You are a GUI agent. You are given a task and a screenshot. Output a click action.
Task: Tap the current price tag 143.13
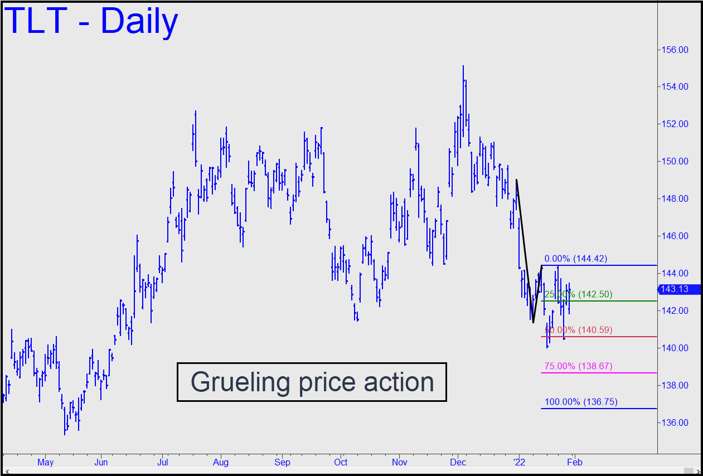coord(676,289)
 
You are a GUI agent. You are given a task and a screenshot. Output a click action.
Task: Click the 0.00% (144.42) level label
coord(575,259)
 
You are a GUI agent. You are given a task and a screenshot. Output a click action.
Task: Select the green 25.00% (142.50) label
coord(578,294)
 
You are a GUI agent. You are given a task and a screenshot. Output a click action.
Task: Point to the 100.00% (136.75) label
coord(580,402)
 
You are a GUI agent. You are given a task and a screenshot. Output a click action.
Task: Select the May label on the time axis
coord(45,463)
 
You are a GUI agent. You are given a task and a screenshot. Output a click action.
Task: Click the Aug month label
coord(221,463)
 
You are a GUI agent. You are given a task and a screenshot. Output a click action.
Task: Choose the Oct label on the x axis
coord(341,463)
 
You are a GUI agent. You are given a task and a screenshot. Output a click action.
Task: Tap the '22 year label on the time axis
coord(519,463)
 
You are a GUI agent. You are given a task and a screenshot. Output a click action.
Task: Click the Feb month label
coord(575,463)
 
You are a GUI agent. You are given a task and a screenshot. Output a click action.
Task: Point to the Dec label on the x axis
coord(458,463)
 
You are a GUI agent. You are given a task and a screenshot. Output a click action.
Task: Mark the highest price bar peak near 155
coord(463,66)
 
